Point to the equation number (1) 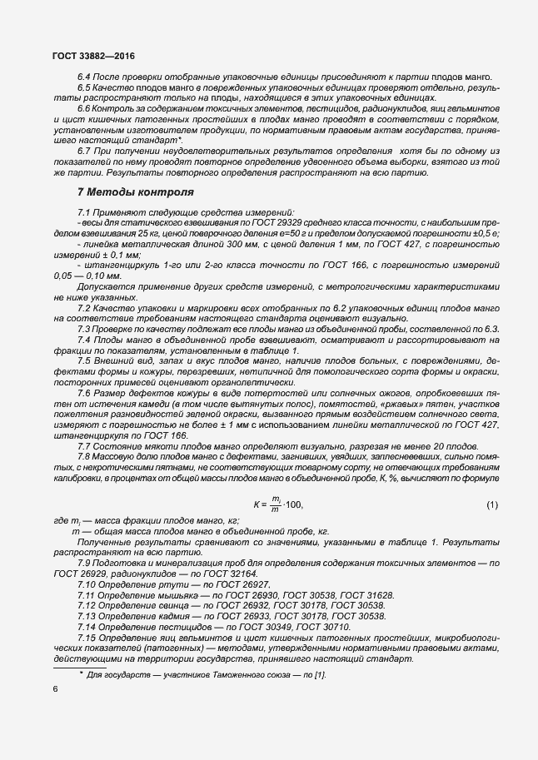(491, 504)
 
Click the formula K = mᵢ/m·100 (278, 504)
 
